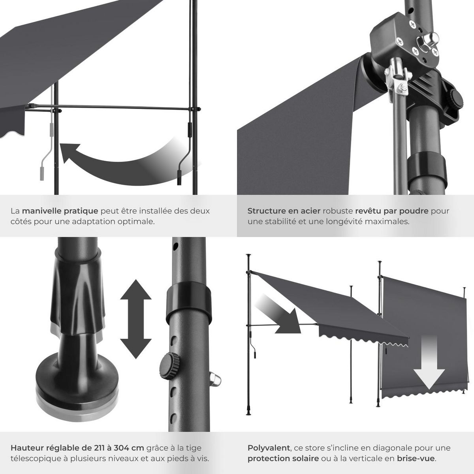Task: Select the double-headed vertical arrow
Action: click(135, 319)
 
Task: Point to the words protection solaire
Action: click(283, 459)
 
